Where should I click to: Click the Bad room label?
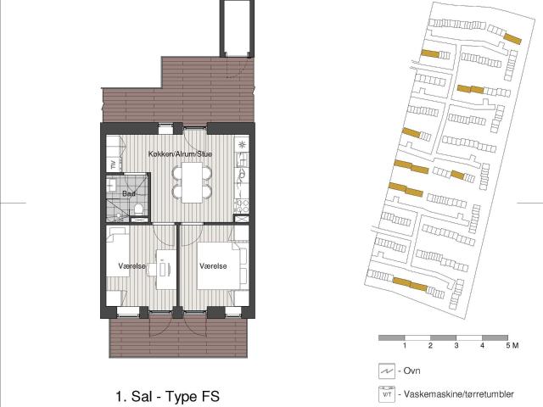click(x=129, y=193)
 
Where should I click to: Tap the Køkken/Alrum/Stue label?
click(x=180, y=154)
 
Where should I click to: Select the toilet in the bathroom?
click(x=138, y=209)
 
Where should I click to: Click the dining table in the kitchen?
click(x=193, y=182)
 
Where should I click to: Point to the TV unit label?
click(x=113, y=164)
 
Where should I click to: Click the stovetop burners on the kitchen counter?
click(x=241, y=205)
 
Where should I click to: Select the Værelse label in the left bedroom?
click(x=132, y=266)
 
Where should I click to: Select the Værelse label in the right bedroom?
click(x=213, y=266)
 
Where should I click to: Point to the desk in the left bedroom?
click(x=166, y=270)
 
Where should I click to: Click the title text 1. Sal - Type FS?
click(x=168, y=396)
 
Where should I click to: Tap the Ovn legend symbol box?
click(x=387, y=371)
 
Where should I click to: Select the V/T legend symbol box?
click(x=387, y=394)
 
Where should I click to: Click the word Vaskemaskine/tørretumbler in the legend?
click(x=459, y=394)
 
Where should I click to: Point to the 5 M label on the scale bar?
click(x=512, y=345)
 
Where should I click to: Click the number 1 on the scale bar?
click(x=405, y=345)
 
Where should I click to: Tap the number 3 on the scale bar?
click(x=456, y=345)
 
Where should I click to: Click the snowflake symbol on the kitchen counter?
click(x=242, y=145)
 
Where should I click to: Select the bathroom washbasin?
click(x=111, y=185)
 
